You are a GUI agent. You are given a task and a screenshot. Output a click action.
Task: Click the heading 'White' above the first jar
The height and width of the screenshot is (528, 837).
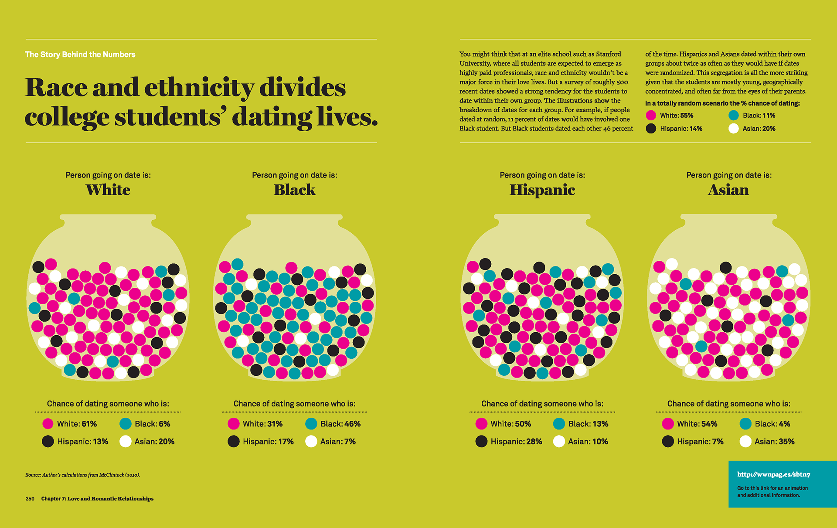pos(108,190)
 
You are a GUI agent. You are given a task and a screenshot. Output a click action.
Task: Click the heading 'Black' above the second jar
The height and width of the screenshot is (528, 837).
pos(294,190)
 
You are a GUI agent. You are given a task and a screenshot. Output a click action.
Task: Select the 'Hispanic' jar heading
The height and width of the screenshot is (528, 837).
pos(542,190)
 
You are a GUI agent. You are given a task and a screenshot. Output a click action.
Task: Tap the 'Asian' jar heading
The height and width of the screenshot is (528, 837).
pos(728,190)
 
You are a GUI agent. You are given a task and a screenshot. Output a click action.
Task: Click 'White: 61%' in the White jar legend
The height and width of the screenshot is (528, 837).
pos(77,424)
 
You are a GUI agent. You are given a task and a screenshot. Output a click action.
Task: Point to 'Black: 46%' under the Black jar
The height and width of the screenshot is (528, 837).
pos(340,424)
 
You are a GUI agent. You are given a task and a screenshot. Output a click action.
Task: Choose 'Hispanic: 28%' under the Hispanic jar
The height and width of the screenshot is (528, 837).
pos(516,442)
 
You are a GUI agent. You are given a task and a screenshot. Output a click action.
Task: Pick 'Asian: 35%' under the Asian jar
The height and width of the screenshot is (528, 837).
pos(774,442)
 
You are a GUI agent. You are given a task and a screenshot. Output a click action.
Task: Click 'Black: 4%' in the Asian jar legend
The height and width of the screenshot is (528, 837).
pos(772,424)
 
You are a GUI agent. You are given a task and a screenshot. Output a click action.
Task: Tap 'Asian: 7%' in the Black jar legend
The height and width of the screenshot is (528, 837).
pos(338,442)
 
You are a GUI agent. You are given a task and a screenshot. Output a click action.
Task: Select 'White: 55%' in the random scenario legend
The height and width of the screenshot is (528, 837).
pos(676,116)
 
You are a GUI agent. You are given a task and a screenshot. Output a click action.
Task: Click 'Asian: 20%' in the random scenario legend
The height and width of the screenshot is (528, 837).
pos(759,129)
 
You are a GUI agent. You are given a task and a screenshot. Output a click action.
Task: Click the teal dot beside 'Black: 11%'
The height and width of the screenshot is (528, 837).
pos(734,116)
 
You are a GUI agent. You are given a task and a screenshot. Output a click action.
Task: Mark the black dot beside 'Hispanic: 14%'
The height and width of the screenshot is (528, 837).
pos(651,129)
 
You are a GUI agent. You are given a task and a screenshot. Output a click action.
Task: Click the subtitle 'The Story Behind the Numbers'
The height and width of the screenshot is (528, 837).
pos(80,55)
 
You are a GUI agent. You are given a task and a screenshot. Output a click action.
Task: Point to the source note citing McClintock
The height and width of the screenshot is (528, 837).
pos(83,475)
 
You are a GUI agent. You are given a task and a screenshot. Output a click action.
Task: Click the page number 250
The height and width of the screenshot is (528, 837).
pos(30,499)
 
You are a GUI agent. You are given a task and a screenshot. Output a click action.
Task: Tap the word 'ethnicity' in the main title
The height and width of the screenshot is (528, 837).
pos(199,88)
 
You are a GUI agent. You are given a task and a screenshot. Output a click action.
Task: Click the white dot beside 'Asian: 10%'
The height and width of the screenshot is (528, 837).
pos(559,442)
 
